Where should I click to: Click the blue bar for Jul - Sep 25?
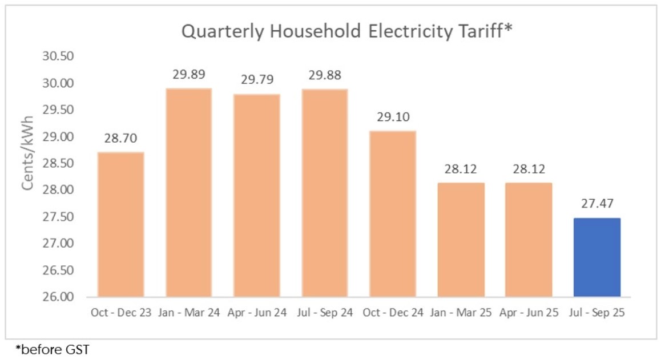point(597,257)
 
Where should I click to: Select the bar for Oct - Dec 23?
point(120,224)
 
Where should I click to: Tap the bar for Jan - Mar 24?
point(189,192)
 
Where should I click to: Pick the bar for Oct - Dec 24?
point(393,213)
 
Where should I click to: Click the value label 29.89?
point(189,75)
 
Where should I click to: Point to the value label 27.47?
point(597,204)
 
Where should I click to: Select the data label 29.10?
point(393,117)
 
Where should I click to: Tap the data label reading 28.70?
point(120,139)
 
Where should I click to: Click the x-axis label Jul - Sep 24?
point(325,313)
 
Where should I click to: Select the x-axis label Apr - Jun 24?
point(257,313)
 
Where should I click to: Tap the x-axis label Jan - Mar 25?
point(461,313)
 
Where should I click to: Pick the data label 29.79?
point(257,80)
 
